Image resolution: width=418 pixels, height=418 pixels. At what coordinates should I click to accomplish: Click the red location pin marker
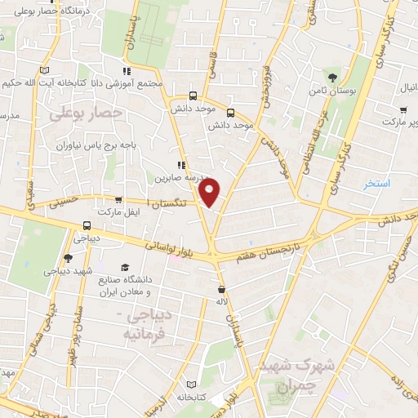pos(210,191)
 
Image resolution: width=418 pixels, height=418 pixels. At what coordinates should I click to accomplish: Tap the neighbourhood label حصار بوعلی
pos(85,113)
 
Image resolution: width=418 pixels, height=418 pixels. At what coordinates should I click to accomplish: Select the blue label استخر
pos(376,185)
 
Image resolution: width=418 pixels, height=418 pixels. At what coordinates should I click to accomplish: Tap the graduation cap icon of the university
pos(125,267)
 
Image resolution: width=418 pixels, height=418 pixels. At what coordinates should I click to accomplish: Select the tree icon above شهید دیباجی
pos(67,258)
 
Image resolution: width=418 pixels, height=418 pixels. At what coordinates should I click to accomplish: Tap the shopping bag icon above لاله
pos(221,289)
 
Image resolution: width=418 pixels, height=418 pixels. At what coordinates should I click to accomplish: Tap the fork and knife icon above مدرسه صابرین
pos(180,163)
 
